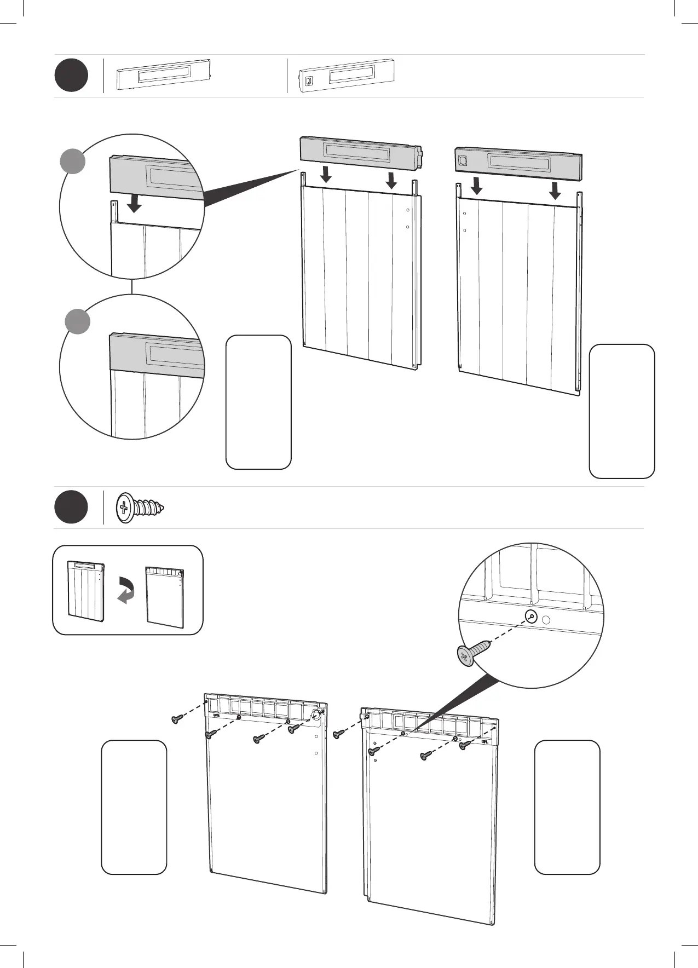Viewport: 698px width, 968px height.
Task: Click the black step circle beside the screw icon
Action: (x=71, y=508)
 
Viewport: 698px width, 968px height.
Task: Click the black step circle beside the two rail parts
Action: (x=71, y=76)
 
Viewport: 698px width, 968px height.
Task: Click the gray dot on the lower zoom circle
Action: (x=78, y=321)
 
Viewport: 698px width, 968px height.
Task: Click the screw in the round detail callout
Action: (x=472, y=653)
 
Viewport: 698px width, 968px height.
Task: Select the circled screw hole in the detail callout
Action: (x=530, y=617)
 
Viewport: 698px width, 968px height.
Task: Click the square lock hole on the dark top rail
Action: (x=463, y=159)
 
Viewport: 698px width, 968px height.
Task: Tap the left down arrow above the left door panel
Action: (x=326, y=174)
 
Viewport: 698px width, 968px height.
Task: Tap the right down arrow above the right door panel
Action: (x=555, y=191)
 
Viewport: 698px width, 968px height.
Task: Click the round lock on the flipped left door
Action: (x=316, y=714)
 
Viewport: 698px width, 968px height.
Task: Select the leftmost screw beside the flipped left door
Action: (x=177, y=719)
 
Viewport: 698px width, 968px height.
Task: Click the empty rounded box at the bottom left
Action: (x=134, y=807)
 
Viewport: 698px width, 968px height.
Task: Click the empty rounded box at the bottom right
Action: (x=567, y=807)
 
